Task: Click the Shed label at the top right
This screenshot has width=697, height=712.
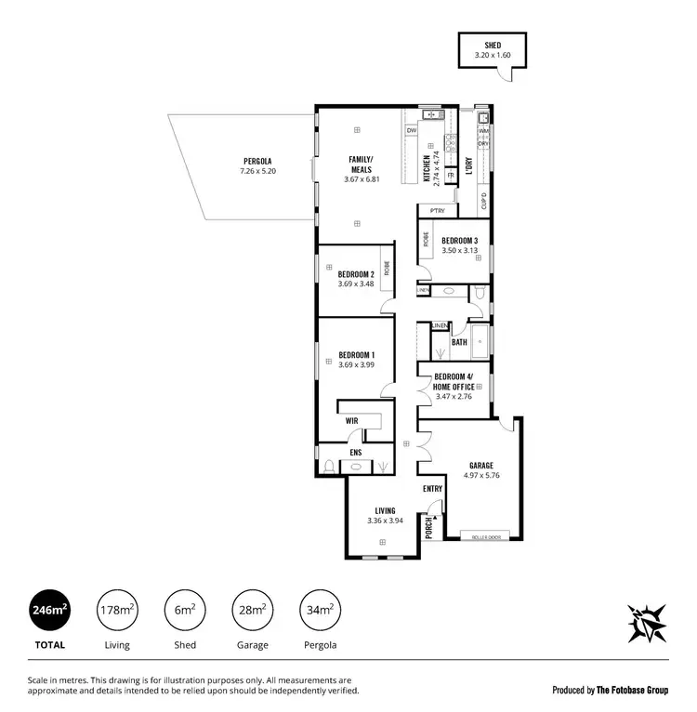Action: [493, 45]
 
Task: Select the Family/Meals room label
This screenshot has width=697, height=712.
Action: [360, 164]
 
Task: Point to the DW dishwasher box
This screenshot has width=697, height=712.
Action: [411, 131]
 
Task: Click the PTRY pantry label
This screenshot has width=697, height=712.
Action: [437, 211]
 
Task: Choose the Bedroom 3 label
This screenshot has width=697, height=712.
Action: [460, 240]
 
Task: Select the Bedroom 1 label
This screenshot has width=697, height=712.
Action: [356, 355]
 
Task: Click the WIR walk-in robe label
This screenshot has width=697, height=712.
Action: [351, 420]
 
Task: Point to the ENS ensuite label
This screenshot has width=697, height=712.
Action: [355, 453]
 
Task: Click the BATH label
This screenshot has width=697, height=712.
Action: [459, 342]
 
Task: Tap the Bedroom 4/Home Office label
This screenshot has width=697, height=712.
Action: [454, 381]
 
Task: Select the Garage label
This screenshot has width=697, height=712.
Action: [480, 466]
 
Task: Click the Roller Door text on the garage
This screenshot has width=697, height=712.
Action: [486, 537]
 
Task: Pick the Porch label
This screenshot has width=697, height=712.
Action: [428, 528]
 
